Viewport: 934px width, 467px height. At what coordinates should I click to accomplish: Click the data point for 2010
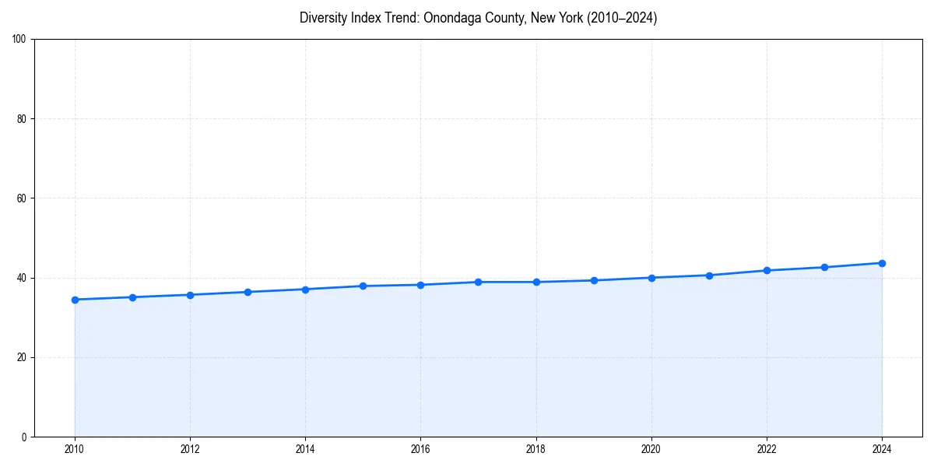click(x=75, y=300)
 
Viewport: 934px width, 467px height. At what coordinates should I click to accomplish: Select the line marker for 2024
click(x=882, y=263)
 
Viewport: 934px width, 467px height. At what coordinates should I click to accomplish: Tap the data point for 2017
click(x=479, y=282)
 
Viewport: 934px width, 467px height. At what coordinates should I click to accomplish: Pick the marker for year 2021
click(x=709, y=276)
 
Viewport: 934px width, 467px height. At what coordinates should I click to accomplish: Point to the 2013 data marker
click(x=248, y=292)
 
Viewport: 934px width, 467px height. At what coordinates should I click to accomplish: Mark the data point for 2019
click(x=594, y=280)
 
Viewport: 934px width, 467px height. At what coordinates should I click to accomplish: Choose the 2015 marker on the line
click(x=363, y=286)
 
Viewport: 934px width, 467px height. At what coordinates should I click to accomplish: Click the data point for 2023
click(x=824, y=267)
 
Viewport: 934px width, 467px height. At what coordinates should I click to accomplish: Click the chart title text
click(x=478, y=18)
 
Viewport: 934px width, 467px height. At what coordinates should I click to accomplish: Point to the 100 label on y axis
click(x=20, y=40)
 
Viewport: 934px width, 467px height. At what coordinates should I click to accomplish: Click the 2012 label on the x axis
click(x=190, y=449)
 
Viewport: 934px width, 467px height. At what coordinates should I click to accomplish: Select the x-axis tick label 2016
click(x=420, y=449)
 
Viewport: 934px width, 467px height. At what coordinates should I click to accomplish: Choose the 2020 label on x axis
click(x=651, y=449)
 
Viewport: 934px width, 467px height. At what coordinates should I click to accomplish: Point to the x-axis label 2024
click(x=882, y=449)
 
